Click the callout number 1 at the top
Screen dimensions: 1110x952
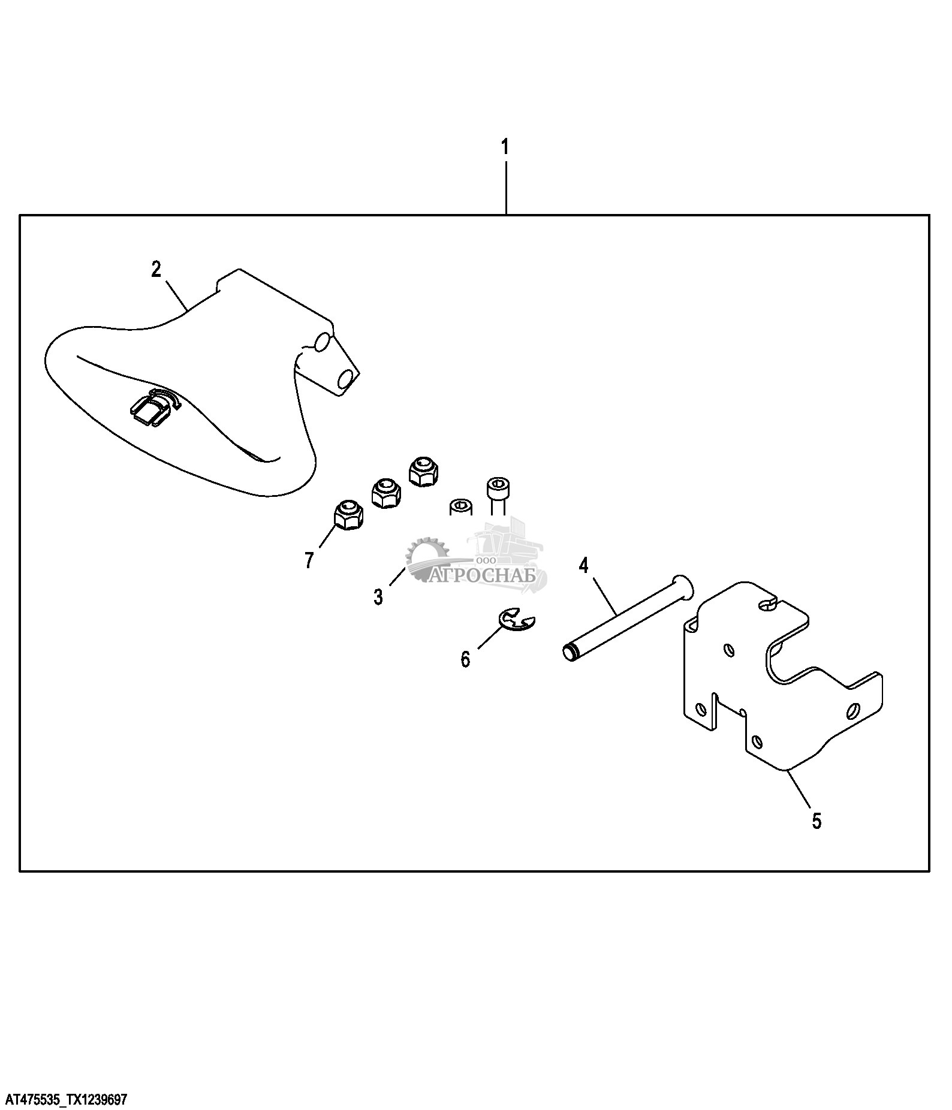point(505,146)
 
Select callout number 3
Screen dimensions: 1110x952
point(378,597)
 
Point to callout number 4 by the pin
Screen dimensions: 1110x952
point(583,565)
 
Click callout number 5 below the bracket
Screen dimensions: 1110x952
point(817,821)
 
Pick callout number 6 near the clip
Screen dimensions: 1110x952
point(465,659)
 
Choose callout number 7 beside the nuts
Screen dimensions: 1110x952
point(309,560)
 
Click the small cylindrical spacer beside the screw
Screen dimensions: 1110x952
point(460,507)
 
